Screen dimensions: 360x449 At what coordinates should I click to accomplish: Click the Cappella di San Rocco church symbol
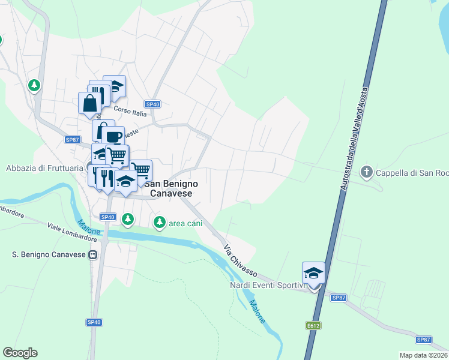pos(366,173)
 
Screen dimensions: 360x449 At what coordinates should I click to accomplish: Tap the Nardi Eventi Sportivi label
pos(268,285)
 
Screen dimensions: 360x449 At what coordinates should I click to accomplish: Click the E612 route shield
pos(311,325)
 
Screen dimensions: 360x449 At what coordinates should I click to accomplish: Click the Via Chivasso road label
pos(238,261)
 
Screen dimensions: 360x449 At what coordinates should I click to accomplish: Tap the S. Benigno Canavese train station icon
pos(93,255)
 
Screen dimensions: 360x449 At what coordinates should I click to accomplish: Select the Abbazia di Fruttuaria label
pos(44,168)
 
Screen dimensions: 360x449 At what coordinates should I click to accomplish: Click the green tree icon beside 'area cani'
pos(159,223)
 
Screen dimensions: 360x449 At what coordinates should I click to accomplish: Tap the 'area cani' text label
pos(185,224)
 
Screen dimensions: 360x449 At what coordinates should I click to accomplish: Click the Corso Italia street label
pos(130,112)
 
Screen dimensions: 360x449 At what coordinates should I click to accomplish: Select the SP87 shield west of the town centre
pos(72,140)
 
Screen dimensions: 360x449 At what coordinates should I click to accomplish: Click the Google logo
pos(20,353)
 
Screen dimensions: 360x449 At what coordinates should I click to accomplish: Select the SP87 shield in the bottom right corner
pos(424,339)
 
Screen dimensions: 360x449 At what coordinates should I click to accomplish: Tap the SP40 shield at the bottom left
pos(94,322)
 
